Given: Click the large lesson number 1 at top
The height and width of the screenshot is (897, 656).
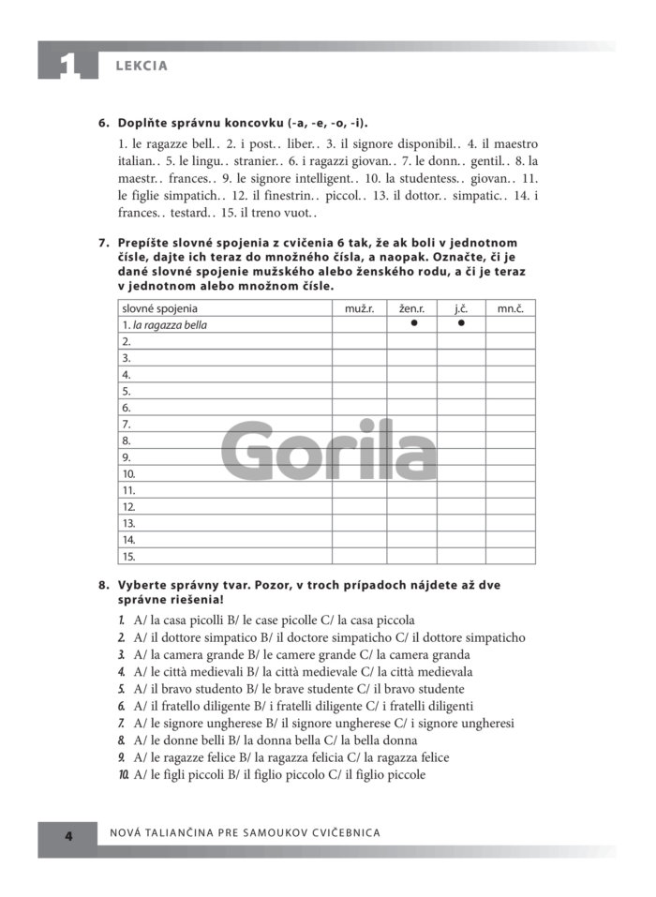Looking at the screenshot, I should (67, 64).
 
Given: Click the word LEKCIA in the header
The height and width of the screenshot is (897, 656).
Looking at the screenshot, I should (141, 66).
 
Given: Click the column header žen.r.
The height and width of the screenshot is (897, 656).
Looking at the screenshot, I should (411, 308).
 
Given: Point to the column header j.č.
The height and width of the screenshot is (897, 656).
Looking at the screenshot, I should (461, 308).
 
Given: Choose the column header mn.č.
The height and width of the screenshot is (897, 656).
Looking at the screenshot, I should (510, 308).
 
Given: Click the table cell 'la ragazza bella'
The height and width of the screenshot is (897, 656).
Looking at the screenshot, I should (170, 325).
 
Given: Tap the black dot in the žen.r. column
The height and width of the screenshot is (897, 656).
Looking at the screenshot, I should (412, 324).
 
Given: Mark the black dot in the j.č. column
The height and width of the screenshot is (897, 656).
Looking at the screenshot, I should (461, 324).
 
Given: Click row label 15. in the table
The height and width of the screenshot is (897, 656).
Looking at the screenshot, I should (129, 557).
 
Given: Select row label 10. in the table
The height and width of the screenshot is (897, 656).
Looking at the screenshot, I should (129, 474).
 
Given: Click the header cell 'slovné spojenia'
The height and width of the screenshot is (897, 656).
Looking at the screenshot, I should (160, 308).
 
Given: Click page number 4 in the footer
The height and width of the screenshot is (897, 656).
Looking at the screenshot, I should (67, 834).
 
